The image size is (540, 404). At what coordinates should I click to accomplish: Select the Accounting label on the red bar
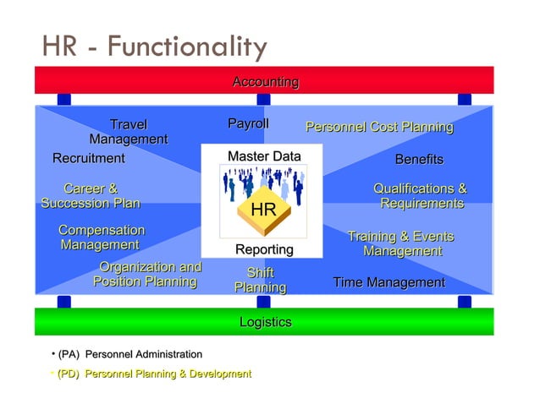[265, 82]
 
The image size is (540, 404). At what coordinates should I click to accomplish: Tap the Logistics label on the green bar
[265, 322]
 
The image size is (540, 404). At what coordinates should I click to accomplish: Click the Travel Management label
[129, 133]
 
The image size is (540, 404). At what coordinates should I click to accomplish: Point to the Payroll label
[248, 124]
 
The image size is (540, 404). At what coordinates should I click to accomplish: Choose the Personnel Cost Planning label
[379, 128]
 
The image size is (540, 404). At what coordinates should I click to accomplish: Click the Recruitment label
[88, 158]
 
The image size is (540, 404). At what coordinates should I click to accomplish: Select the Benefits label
[419, 160]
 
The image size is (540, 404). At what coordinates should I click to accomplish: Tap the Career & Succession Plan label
[91, 196]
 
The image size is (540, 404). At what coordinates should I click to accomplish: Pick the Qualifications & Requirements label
[421, 196]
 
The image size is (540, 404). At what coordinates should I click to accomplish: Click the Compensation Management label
[101, 237]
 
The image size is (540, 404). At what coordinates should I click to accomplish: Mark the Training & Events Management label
[401, 244]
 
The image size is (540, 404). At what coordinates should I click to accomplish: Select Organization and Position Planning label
[147, 275]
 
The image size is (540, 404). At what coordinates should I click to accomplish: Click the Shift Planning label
[260, 281]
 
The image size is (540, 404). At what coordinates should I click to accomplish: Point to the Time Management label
[388, 282]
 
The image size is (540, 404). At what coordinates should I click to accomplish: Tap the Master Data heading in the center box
[264, 156]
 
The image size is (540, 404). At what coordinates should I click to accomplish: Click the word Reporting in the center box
[264, 249]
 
